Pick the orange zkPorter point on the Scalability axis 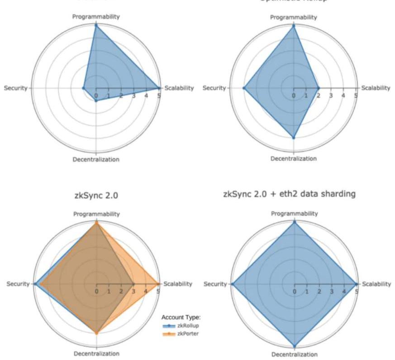(x=158, y=284)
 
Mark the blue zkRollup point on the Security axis (x=34, y=284)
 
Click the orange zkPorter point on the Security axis (x=39, y=284)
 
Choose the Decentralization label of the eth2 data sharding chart (x=294, y=355)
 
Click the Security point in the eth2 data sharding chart (x=232, y=284)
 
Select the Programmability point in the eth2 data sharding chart (x=294, y=222)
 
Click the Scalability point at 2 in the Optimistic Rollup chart (x=318, y=88)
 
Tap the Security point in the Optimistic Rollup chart (x=244, y=88)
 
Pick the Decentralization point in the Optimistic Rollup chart (x=294, y=137)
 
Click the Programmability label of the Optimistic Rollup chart (x=294, y=17)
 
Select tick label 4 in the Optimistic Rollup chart (x=343, y=96)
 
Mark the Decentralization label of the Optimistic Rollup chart (x=294, y=158)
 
